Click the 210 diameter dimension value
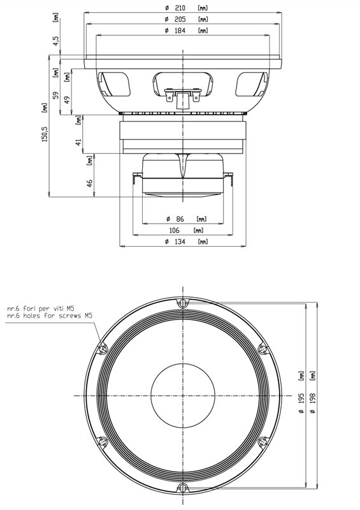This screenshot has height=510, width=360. point(179,8)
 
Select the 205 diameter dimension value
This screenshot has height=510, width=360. point(180,19)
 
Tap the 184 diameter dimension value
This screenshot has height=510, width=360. point(180,31)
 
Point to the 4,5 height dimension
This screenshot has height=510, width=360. point(56,41)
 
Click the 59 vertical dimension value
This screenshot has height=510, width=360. point(55,95)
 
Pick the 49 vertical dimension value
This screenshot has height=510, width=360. point(67,99)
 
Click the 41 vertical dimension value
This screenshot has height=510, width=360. point(78,142)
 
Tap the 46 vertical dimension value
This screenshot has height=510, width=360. point(90,183)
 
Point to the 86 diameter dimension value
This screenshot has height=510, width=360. point(180,219)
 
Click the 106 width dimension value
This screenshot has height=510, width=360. point(175,230)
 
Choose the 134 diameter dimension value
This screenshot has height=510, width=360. point(180,242)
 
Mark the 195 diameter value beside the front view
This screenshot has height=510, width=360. point(301,399)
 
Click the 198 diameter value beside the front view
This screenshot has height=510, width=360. point(313,399)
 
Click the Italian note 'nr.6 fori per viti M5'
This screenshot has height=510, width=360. point(40,308)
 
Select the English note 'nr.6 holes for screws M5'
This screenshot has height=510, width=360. point(49,315)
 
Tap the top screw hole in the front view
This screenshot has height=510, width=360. point(183,303)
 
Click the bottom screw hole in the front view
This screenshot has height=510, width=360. point(183,488)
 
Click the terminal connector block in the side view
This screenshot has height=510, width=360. point(183,98)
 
